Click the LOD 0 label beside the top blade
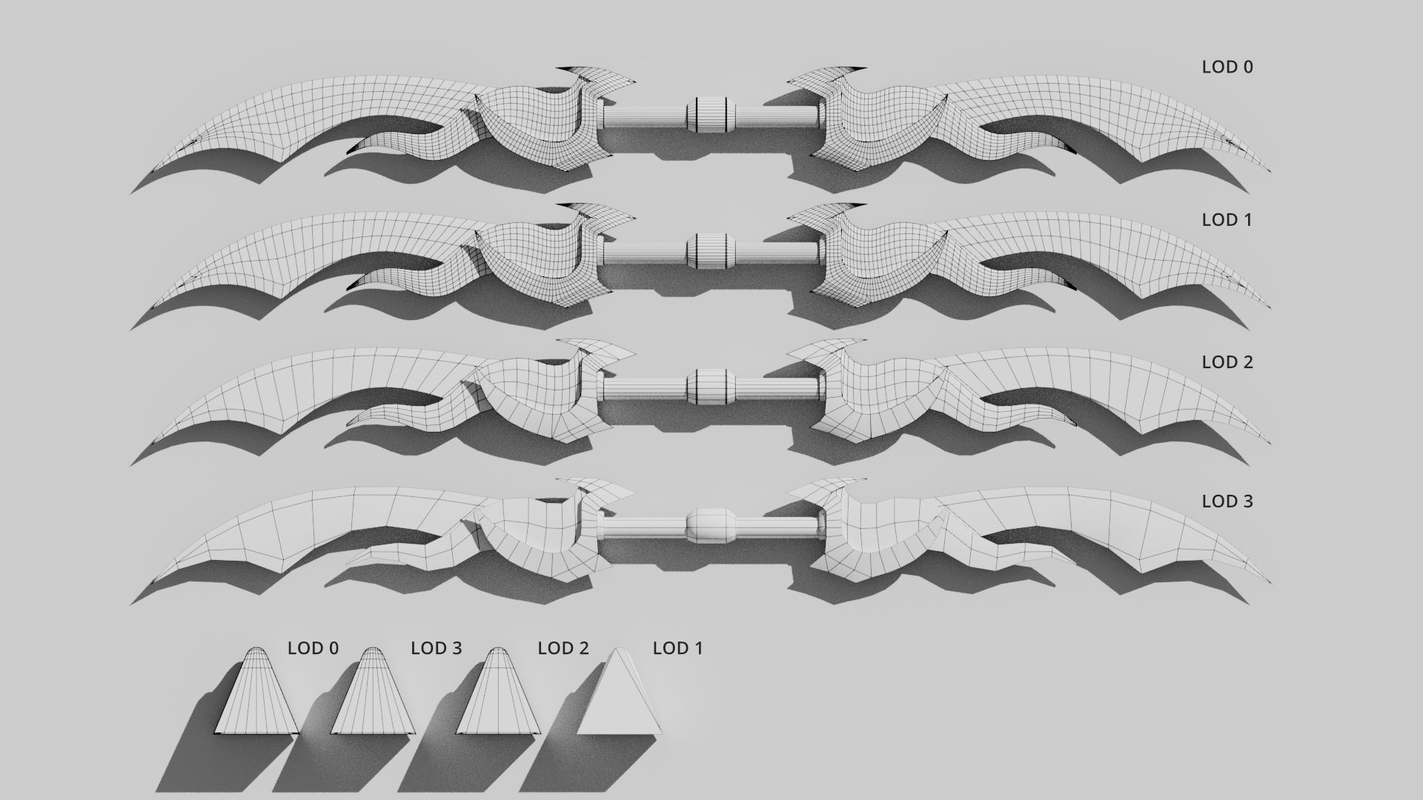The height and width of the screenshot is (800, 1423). tap(1227, 67)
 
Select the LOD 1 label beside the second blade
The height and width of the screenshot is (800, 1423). tap(1227, 220)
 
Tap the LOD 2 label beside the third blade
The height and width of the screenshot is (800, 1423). tap(1227, 362)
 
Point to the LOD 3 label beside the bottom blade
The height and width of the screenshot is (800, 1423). tap(1227, 501)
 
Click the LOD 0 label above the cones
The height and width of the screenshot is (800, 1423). tap(313, 648)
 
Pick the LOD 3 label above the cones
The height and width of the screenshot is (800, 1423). tap(436, 648)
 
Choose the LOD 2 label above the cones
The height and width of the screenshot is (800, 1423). tap(563, 648)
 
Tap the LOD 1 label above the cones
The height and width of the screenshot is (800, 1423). tap(677, 648)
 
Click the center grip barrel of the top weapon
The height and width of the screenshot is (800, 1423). tap(710, 116)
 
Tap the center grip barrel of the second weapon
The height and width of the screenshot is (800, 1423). tap(710, 251)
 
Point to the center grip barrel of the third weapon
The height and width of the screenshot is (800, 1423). tap(710, 387)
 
